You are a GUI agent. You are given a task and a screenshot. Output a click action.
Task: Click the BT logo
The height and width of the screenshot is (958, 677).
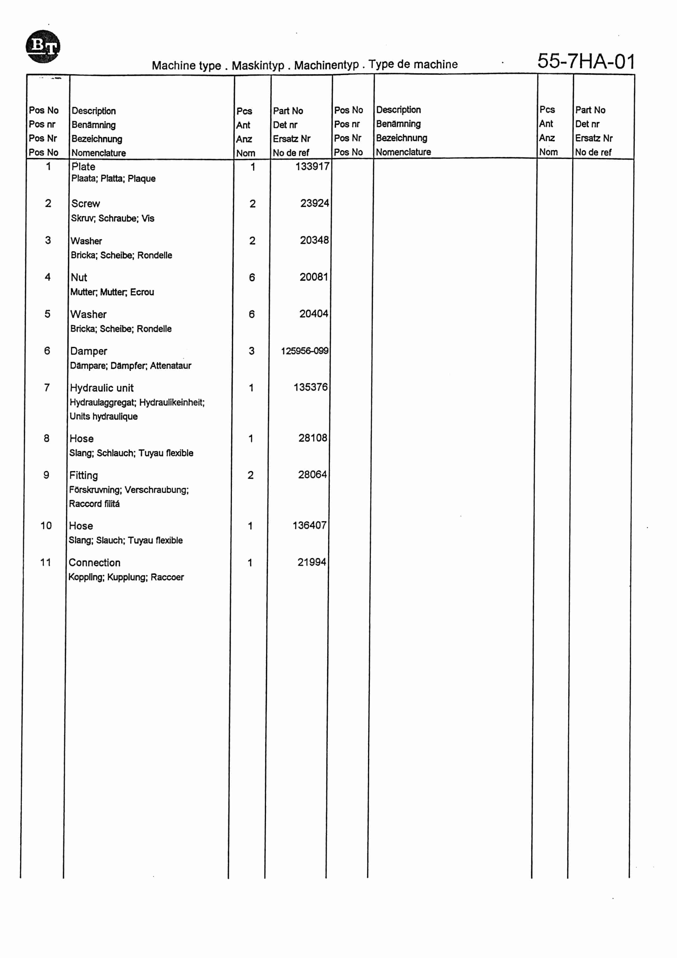click(43, 46)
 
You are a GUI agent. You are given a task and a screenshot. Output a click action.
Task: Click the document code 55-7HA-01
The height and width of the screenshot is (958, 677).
click(586, 61)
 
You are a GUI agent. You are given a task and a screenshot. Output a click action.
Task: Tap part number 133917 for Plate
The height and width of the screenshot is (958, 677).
click(312, 166)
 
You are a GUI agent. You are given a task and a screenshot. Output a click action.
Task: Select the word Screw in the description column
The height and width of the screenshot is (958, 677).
click(86, 204)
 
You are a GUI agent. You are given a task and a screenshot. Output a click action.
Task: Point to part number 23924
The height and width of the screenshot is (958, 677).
click(314, 203)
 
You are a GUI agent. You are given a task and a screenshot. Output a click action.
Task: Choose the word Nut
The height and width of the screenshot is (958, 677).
click(79, 277)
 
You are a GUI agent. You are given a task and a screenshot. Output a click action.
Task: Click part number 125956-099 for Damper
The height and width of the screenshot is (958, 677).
click(304, 351)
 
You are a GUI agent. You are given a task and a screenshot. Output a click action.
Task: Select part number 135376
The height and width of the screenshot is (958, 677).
click(311, 387)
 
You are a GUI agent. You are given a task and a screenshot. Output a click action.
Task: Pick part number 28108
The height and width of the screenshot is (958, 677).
click(313, 438)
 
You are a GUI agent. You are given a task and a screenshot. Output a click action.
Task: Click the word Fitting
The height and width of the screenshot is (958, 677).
click(83, 475)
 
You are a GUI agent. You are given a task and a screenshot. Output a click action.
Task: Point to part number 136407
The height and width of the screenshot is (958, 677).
click(309, 525)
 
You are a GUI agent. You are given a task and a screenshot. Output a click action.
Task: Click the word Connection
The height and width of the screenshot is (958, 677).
click(94, 562)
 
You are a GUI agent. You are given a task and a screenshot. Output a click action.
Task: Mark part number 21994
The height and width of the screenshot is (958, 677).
click(311, 562)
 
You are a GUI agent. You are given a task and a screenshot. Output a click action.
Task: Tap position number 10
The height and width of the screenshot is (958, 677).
click(46, 526)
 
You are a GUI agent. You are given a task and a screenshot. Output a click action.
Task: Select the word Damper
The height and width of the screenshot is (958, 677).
click(88, 351)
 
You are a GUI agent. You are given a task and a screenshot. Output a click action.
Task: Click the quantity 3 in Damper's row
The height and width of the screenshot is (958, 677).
click(251, 351)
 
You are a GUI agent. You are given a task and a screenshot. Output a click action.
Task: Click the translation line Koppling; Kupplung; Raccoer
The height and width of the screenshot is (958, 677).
click(126, 577)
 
